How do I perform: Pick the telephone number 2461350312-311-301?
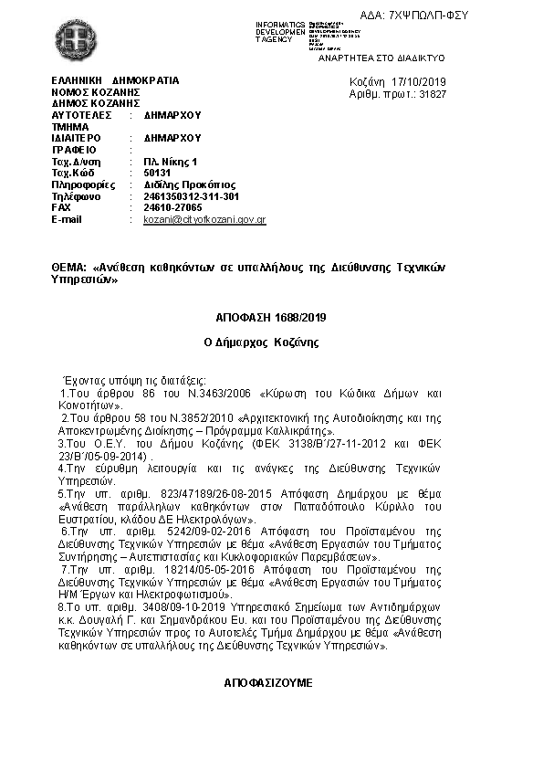[x=192, y=196]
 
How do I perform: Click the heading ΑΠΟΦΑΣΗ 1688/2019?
[x=270, y=318]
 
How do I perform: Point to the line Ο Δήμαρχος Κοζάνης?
[x=270, y=342]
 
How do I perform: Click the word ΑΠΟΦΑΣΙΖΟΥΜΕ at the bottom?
[x=269, y=682]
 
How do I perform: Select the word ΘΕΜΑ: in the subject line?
[x=69, y=269]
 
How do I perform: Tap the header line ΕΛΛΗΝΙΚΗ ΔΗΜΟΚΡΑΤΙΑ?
[x=116, y=81]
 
